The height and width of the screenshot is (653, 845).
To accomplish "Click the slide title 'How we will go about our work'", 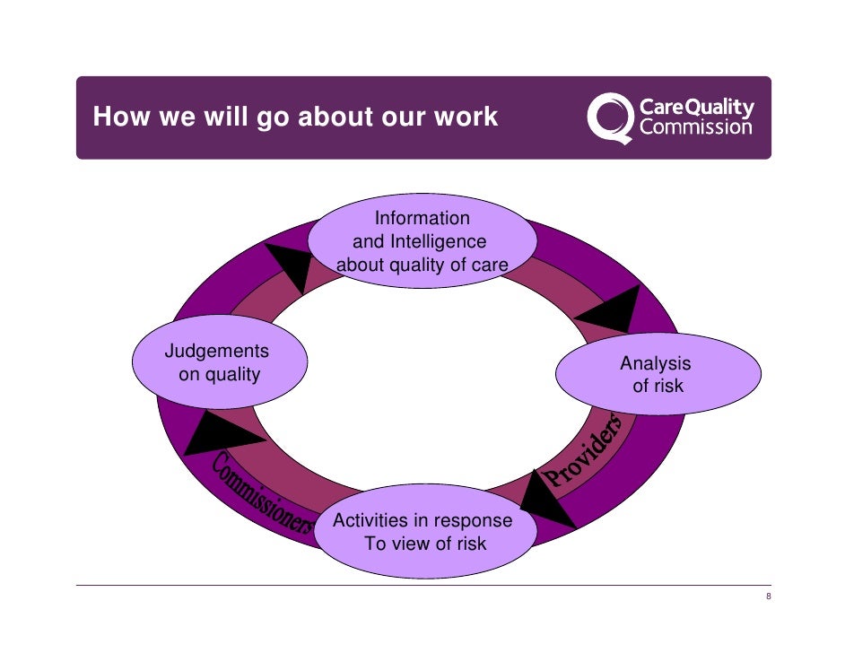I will point(295,118).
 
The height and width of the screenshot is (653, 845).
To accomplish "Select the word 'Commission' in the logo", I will point(696,128).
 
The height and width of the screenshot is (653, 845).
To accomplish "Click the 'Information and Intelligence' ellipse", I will point(422,241).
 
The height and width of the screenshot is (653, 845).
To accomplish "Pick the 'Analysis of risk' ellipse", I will point(657,375).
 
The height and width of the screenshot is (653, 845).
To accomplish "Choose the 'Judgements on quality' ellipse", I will point(220,362).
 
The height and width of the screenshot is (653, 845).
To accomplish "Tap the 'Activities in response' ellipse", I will point(424,532).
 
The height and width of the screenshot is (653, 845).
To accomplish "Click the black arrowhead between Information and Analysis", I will point(613,309).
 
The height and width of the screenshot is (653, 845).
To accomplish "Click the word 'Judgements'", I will point(217,351).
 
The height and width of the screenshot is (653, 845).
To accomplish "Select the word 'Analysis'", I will point(656,363).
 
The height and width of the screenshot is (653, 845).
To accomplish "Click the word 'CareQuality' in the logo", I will point(697,109).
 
